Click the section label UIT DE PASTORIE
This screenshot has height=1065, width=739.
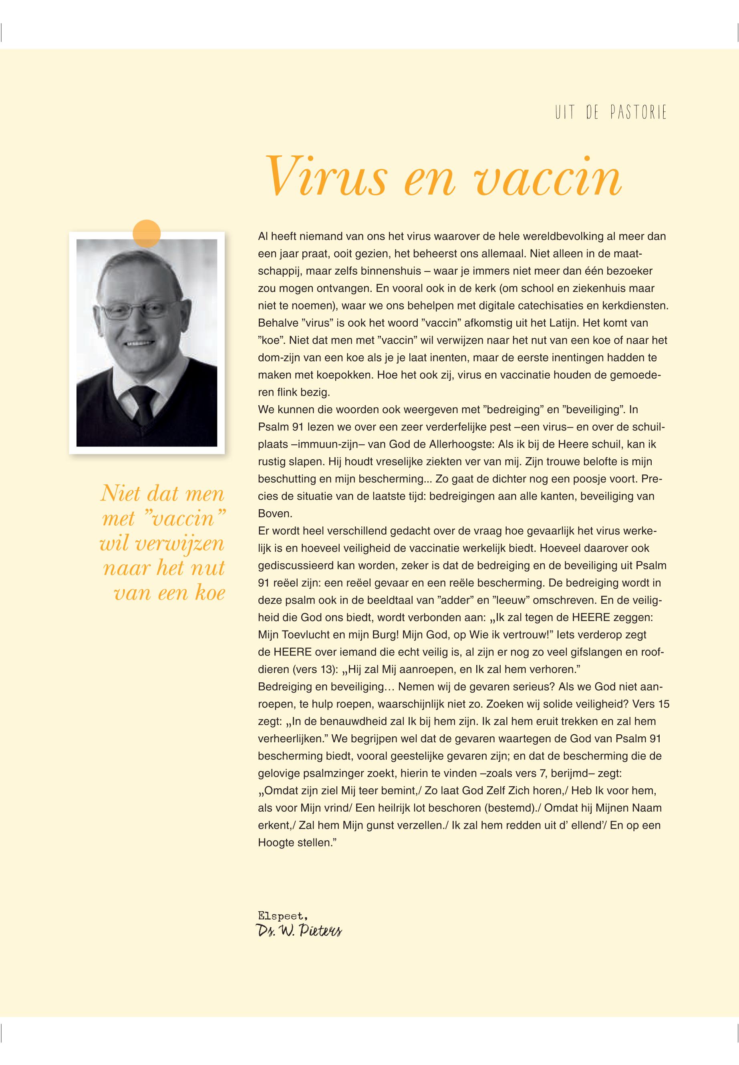click(611, 113)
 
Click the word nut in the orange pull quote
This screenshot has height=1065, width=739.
click(208, 568)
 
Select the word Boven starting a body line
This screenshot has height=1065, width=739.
click(272, 514)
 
